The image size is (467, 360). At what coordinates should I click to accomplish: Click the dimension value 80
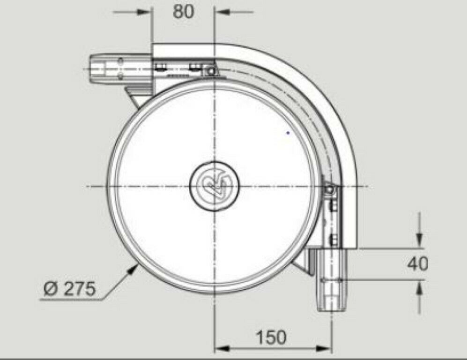[x=183, y=12]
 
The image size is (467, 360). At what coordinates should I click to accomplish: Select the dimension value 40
[x=417, y=264]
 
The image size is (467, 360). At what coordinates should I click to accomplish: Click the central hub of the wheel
[x=215, y=186]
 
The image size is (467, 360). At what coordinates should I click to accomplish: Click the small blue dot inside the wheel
[x=288, y=133]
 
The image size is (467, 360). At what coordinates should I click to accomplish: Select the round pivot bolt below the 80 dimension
[x=211, y=71]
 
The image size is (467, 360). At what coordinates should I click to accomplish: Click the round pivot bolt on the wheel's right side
[x=330, y=189]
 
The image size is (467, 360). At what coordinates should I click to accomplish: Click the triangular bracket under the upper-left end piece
[x=136, y=96]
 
